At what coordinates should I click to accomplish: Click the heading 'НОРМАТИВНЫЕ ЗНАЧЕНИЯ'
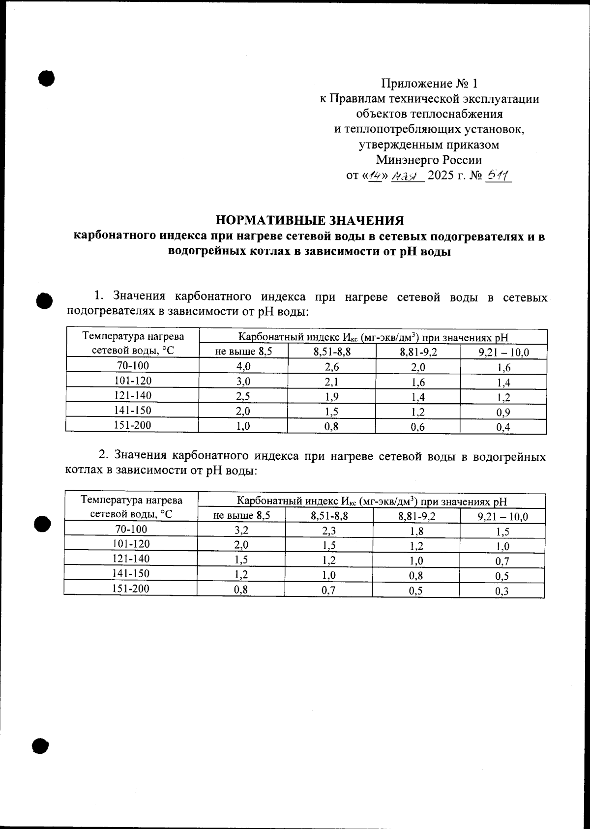click(310, 220)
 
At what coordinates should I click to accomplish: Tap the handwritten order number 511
click(498, 176)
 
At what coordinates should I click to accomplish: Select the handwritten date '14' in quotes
click(377, 176)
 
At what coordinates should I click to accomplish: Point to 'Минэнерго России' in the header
click(429, 160)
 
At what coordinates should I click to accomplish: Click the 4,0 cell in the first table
click(243, 366)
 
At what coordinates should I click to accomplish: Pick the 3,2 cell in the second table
click(241, 530)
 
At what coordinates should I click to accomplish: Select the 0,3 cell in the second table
click(502, 591)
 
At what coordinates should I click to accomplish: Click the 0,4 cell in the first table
click(503, 427)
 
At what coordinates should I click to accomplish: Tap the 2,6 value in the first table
click(331, 367)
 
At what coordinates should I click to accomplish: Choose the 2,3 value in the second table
click(328, 531)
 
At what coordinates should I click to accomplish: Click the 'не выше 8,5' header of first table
click(243, 352)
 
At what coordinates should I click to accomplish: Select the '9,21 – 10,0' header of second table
click(502, 516)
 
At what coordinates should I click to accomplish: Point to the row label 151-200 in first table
click(132, 425)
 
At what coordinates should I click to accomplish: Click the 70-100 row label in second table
click(130, 529)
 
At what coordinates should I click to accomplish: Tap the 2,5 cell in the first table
click(243, 396)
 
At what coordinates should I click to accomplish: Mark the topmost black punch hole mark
click(46, 78)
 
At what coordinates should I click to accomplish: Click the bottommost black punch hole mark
click(41, 745)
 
